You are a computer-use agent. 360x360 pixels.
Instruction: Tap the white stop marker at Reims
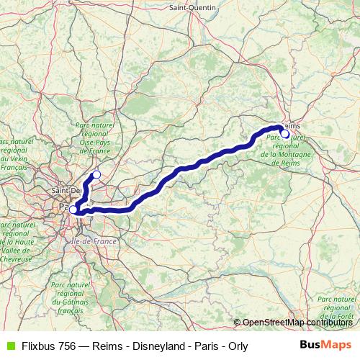[285, 134]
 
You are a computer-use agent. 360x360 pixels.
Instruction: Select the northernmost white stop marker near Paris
[96, 174]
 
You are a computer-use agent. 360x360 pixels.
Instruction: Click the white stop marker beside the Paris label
[73, 210]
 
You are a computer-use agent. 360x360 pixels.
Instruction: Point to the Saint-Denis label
[66, 190]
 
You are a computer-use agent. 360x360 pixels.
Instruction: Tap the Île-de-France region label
[95, 242]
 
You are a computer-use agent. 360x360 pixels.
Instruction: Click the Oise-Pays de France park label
[94, 138]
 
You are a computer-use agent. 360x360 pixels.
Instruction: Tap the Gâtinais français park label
[70, 298]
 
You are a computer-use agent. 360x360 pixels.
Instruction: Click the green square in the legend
[9, 346]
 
